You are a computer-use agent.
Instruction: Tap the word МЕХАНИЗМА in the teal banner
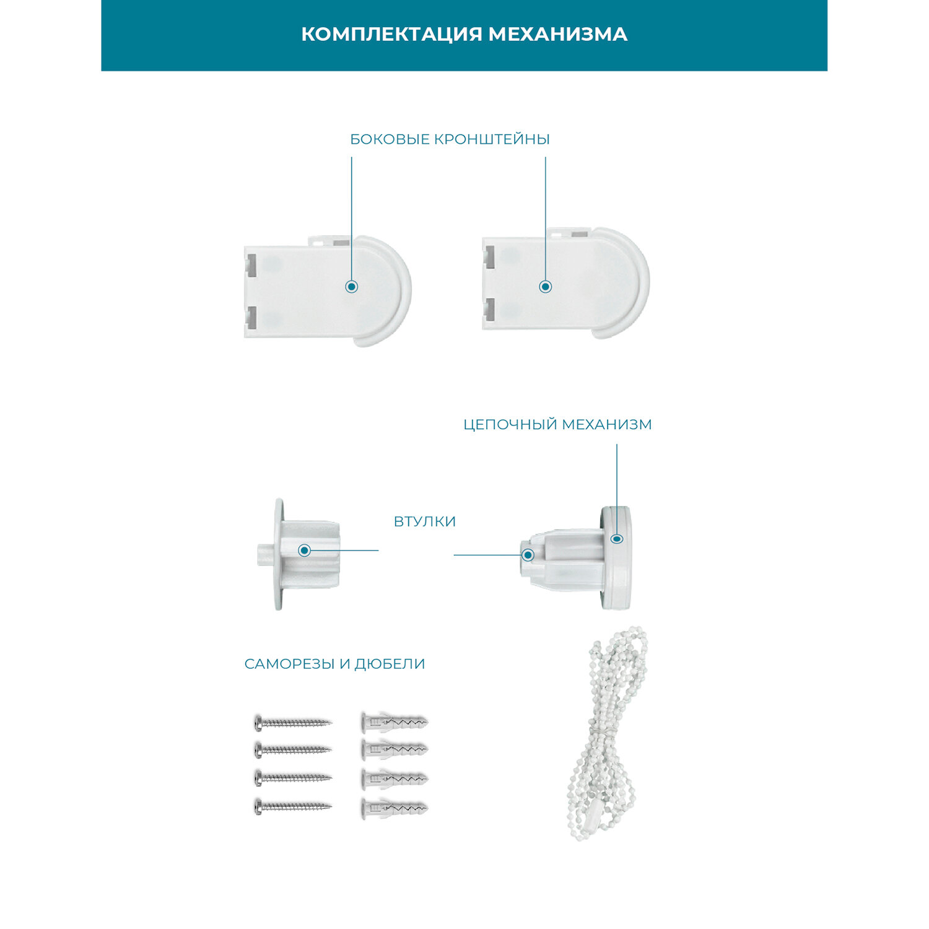(558, 34)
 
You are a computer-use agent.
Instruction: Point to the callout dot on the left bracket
(352, 286)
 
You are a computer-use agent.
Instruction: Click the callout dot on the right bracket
(546, 286)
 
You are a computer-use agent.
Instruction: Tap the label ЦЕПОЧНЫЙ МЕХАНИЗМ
(557, 425)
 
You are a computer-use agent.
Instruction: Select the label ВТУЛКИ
(425, 521)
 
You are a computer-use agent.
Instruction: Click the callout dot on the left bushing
(304, 550)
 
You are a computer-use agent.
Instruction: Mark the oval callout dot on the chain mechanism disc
(617, 539)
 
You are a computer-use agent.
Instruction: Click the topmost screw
(293, 722)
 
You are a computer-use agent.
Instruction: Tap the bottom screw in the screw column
(293, 806)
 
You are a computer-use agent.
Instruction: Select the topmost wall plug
(394, 722)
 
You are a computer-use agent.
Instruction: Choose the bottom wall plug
(394, 808)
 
